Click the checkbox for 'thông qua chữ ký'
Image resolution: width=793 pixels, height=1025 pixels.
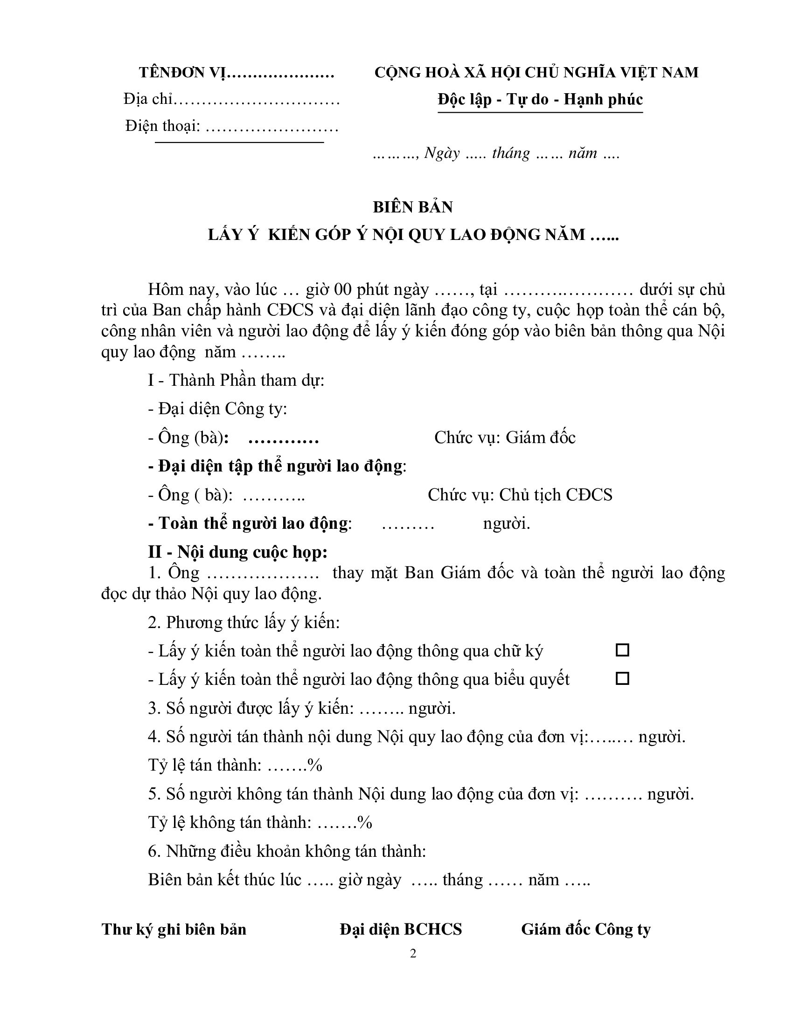point(622,650)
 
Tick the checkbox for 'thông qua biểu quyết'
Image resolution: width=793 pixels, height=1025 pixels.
point(622,679)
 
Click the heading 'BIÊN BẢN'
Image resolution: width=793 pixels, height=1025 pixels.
point(412,207)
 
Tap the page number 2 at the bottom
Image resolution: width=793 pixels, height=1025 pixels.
point(413,953)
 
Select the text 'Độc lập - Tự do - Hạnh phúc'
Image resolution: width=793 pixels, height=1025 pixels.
point(540,100)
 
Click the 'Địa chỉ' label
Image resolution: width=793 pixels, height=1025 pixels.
point(148,99)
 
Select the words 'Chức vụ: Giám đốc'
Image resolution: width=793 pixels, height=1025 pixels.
point(505,437)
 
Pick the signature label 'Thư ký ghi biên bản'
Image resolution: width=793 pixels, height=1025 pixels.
point(174,929)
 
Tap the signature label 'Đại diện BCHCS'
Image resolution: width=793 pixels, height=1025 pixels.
point(401,929)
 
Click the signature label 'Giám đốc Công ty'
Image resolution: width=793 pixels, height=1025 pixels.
point(585,929)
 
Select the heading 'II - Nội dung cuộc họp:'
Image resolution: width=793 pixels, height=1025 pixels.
point(238,552)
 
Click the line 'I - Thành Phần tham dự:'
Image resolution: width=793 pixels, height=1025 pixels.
point(237,380)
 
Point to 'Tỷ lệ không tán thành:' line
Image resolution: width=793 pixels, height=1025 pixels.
point(230,822)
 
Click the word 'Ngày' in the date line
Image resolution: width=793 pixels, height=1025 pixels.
point(442,153)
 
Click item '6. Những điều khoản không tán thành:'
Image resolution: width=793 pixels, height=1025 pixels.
point(286,851)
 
